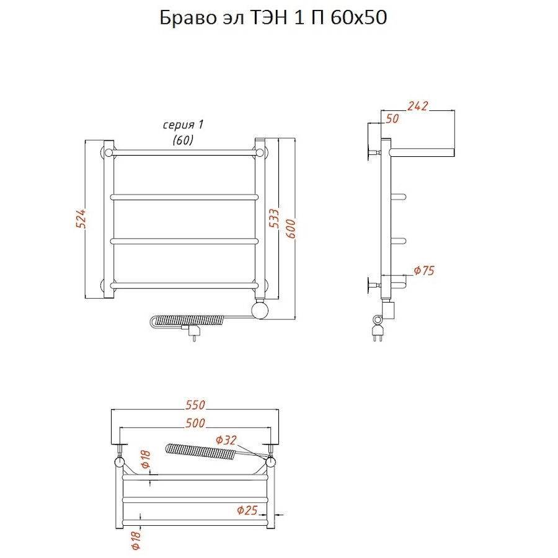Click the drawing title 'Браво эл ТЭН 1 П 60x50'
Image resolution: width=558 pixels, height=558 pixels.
(x=273, y=18)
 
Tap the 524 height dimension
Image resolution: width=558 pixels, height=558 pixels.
(x=81, y=218)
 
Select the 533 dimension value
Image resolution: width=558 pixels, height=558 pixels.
(x=275, y=219)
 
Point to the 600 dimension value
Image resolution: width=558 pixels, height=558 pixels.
(x=290, y=229)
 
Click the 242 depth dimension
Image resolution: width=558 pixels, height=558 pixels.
(x=417, y=105)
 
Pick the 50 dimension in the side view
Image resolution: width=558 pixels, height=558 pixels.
(x=392, y=118)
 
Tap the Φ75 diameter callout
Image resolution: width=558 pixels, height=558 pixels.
(x=425, y=270)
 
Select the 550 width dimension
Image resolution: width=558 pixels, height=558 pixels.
(x=195, y=405)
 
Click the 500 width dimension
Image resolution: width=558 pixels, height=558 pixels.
(x=195, y=423)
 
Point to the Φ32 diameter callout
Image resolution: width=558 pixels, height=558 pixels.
(x=226, y=440)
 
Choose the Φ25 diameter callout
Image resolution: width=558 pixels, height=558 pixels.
(x=247, y=510)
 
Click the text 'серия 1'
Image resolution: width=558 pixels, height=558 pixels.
(x=183, y=125)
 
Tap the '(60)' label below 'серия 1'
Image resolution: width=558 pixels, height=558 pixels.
(x=183, y=140)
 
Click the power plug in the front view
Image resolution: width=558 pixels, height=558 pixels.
(x=193, y=332)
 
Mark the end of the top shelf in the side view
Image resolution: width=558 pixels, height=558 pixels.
(x=453, y=153)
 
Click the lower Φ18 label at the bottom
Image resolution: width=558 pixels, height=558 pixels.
(x=136, y=540)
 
